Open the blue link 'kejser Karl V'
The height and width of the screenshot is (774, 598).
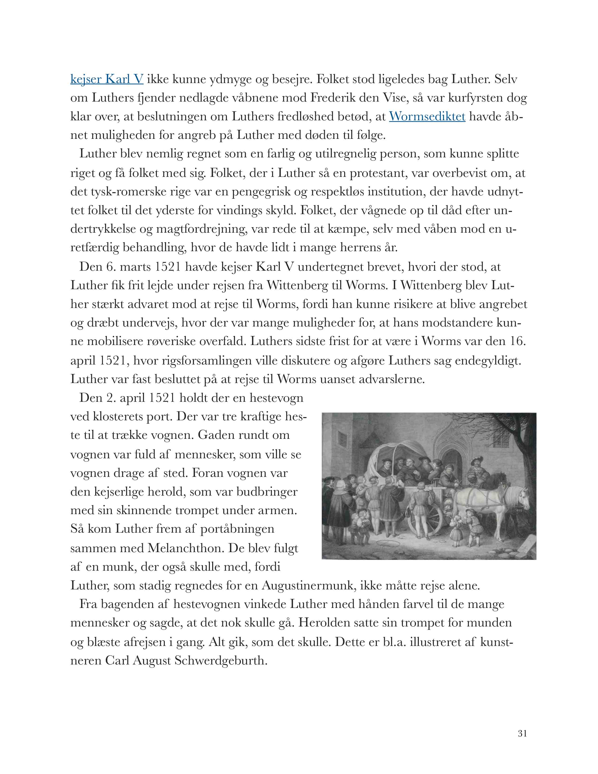pos(107,79)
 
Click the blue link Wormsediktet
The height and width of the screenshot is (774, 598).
pos(427,117)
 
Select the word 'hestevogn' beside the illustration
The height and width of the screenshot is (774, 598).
pos(276,398)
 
